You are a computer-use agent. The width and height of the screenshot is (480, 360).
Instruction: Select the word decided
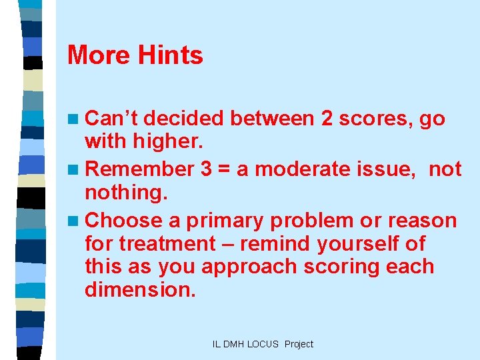click(x=183, y=119)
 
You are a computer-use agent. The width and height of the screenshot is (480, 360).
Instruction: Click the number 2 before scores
click(x=327, y=119)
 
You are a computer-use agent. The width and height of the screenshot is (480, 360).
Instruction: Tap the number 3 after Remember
click(x=206, y=169)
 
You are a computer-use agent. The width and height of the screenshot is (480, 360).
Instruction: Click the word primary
click(x=227, y=220)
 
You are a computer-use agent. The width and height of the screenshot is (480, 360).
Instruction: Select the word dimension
click(x=140, y=290)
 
